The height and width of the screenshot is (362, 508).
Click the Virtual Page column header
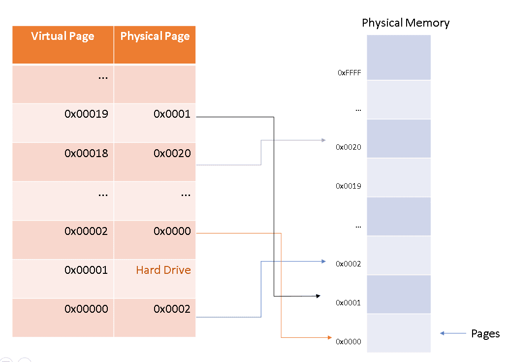tap(63, 36)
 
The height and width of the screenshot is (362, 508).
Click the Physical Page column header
tap(155, 36)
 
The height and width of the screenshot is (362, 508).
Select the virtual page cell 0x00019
tap(86, 114)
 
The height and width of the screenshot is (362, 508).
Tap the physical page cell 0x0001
tap(172, 114)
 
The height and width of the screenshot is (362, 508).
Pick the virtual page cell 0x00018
tap(86, 153)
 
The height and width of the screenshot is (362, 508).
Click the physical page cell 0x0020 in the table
tap(172, 153)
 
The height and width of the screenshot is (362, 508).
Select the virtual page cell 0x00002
tap(86, 231)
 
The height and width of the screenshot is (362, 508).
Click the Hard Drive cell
tap(163, 270)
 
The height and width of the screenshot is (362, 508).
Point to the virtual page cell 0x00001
tap(86, 270)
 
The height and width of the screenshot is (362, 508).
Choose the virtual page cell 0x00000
tap(86, 309)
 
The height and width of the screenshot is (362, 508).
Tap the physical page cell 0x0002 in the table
tap(172, 309)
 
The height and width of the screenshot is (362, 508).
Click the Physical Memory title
tap(405, 23)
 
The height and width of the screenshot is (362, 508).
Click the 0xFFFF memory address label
tap(349, 73)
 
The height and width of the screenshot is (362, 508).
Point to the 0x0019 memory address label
tap(348, 186)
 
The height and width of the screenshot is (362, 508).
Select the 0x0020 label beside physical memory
tap(348, 147)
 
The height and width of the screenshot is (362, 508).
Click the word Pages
tap(485, 334)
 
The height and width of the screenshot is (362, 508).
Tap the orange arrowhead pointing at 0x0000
tap(329, 337)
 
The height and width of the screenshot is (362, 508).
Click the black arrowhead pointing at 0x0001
tap(317, 296)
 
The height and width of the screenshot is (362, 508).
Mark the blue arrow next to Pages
tap(452, 333)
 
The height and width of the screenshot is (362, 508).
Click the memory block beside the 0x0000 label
tap(399, 333)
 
